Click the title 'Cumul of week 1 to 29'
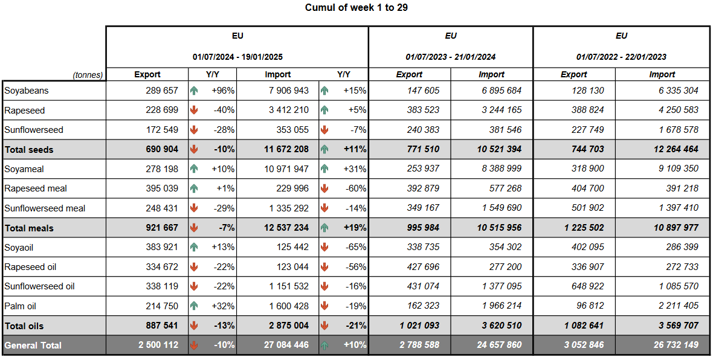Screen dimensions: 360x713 coord(356,8)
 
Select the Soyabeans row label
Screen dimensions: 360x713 coord(27,91)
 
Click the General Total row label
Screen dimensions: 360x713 coord(33,346)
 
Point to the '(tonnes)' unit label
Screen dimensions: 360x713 coord(88,75)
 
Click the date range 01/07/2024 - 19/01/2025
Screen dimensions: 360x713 coord(237,57)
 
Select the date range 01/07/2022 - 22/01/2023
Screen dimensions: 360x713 coord(621,57)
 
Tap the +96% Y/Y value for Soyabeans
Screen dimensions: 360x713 coord(222,91)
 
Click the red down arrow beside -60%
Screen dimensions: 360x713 coord(324,188)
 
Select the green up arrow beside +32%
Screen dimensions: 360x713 coord(194,306)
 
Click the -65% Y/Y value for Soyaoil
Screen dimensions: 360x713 coord(354,247)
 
